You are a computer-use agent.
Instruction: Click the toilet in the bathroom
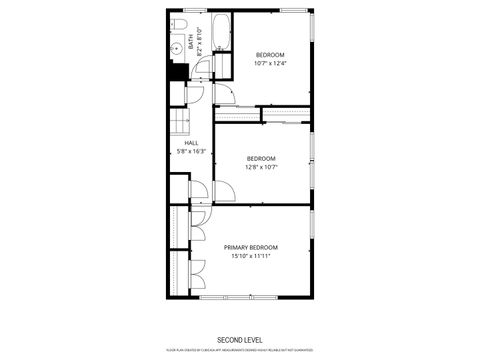(x=176, y=24)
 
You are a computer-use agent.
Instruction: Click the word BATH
(x=191, y=42)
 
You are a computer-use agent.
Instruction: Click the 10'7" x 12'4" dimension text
(x=269, y=63)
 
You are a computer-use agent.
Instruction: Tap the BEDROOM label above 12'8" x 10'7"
(x=261, y=158)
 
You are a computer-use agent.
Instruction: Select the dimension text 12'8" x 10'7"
(x=261, y=167)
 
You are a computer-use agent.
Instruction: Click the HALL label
(x=191, y=143)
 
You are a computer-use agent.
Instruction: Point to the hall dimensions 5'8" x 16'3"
(x=191, y=152)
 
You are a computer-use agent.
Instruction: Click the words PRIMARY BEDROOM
(x=250, y=247)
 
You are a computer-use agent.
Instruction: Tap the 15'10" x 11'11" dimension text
(x=250, y=256)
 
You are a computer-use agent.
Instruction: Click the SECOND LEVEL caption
(x=240, y=339)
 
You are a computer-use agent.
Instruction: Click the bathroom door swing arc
(x=201, y=69)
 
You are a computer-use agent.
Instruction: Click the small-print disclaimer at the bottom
(x=240, y=351)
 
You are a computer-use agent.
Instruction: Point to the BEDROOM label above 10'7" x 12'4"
(x=269, y=54)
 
